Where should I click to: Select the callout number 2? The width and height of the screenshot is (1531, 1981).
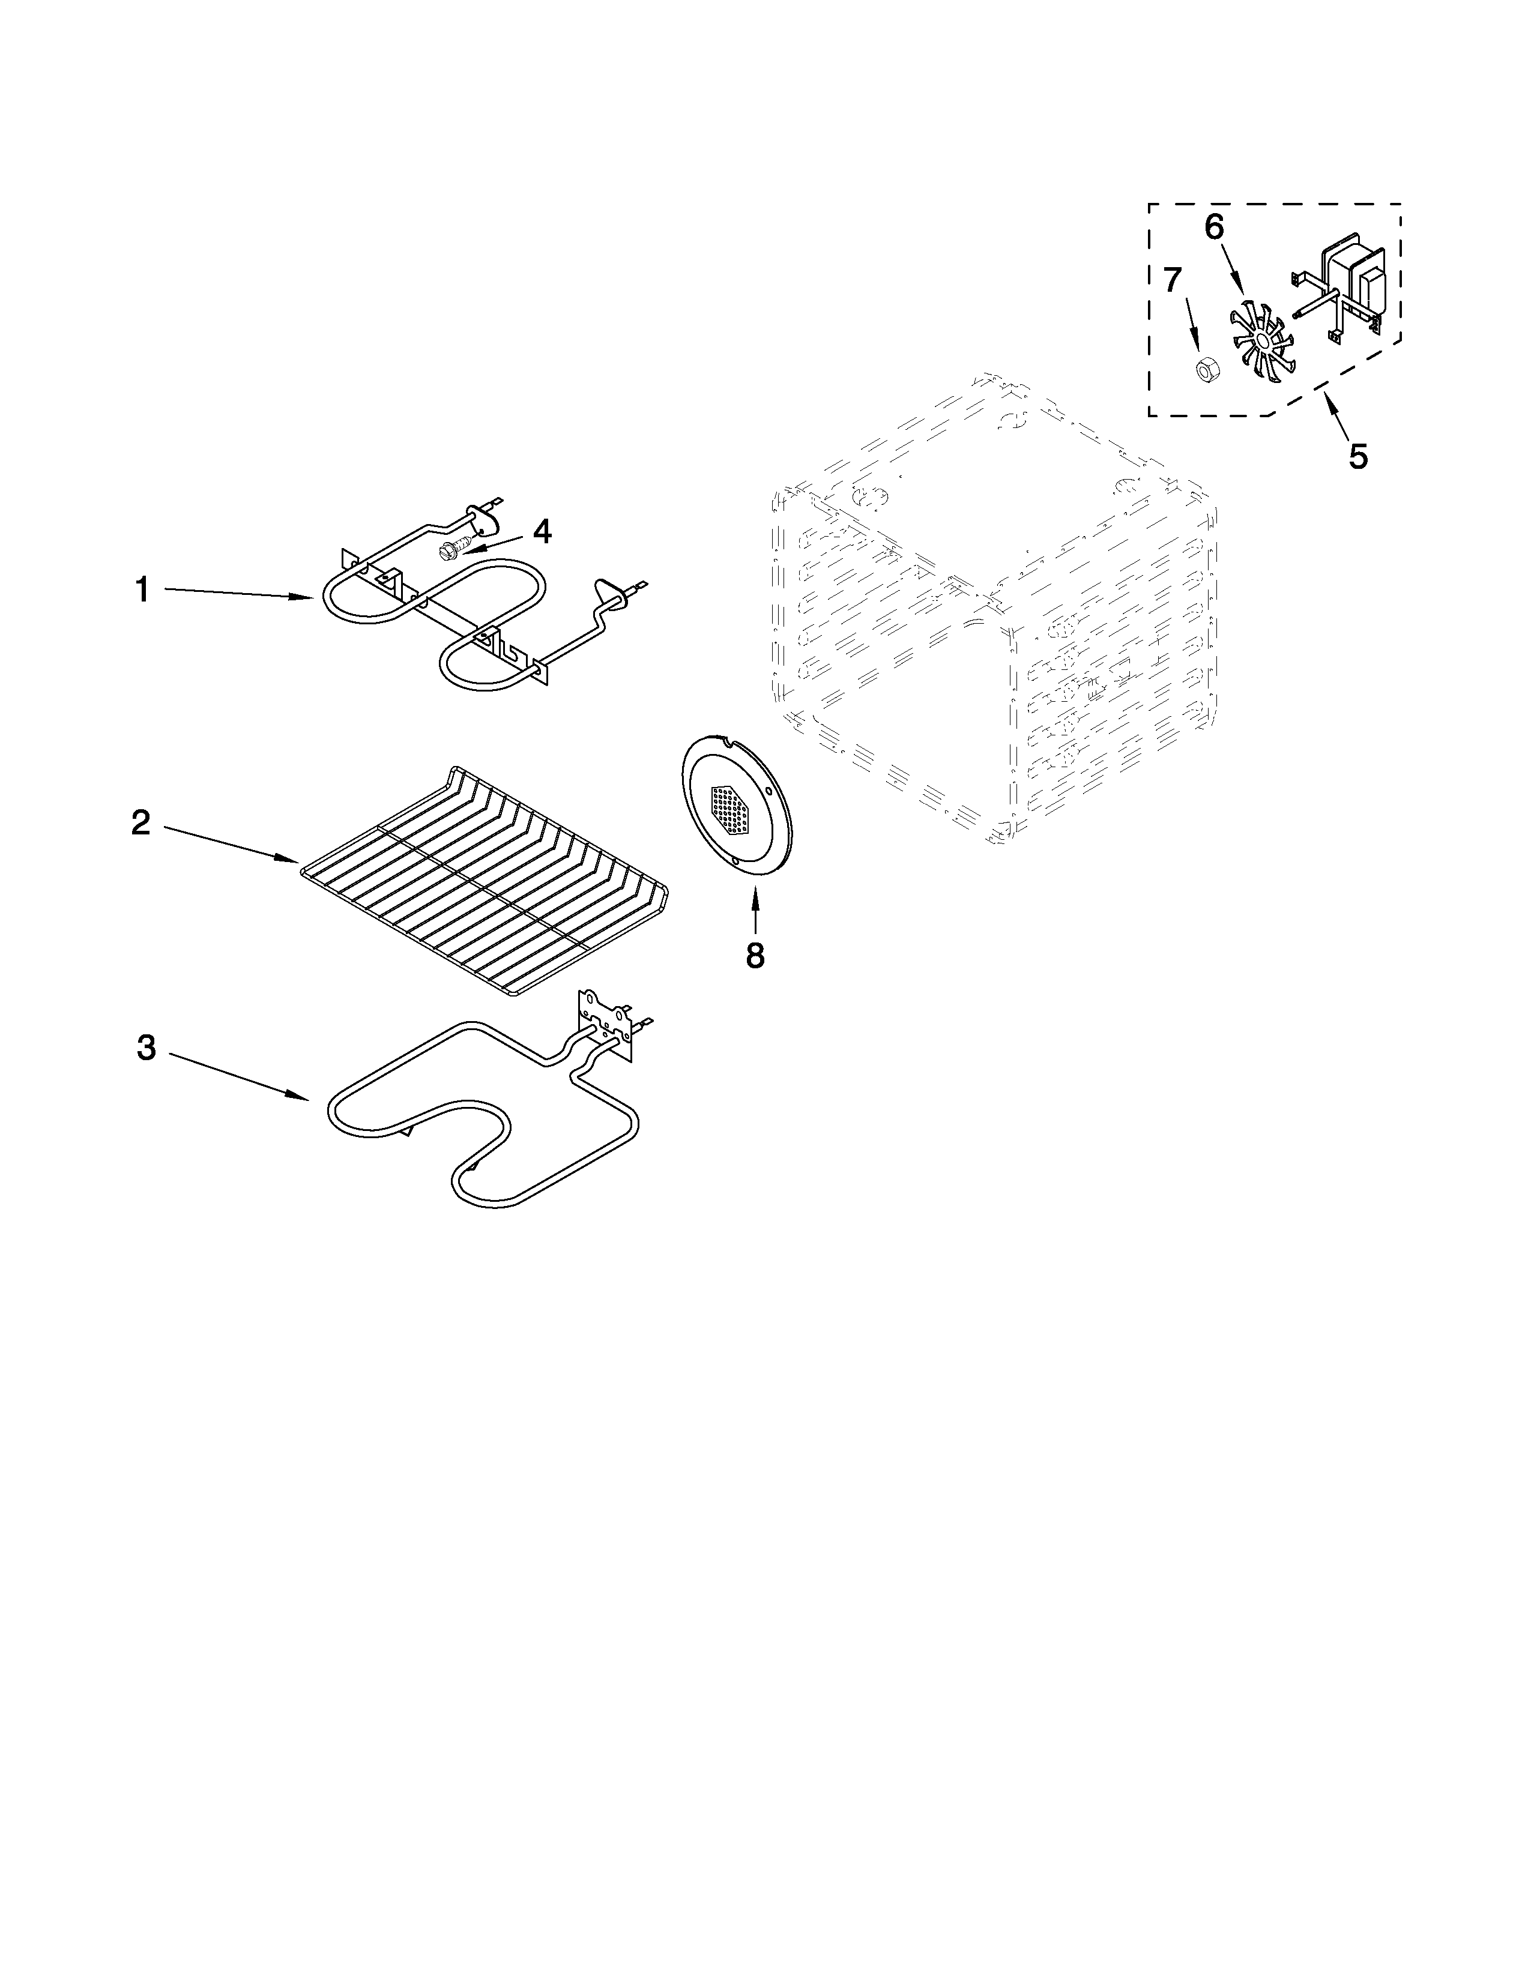140,822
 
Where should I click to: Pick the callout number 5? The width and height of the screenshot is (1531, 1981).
1357,456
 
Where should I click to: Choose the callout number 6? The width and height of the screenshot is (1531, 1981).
1213,227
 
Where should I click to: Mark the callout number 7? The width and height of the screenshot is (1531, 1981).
1173,280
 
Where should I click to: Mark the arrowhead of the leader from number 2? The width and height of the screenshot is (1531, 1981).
292,858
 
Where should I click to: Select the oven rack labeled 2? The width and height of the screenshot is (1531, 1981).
485,875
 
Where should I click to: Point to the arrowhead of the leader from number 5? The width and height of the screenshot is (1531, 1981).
1329,400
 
